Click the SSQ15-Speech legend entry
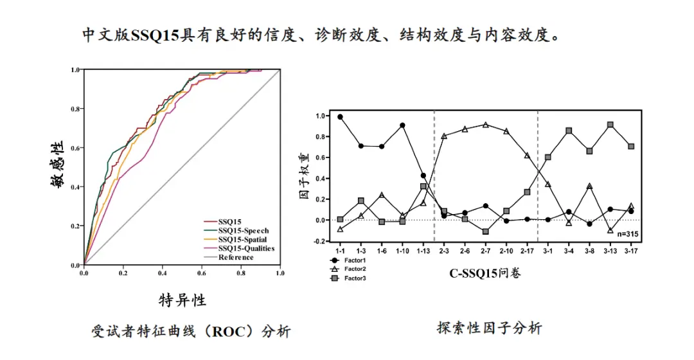(x=244, y=230)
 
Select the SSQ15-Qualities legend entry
(x=246, y=248)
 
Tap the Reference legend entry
(x=236, y=257)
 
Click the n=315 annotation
(x=628, y=234)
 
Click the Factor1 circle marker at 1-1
(x=340, y=117)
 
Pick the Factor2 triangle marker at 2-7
(x=485, y=125)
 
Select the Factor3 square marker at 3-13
(x=610, y=125)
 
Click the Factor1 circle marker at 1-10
(x=402, y=125)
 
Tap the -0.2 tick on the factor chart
(x=323, y=241)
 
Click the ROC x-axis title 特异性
(x=182, y=300)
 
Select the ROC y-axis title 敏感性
(x=58, y=164)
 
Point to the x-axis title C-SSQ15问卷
(x=485, y=273)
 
